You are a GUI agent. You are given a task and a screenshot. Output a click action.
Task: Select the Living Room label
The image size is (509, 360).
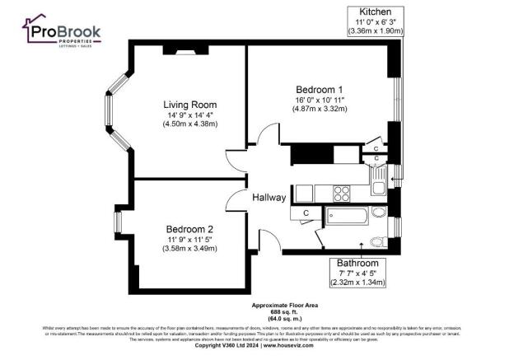(x=189, y=105)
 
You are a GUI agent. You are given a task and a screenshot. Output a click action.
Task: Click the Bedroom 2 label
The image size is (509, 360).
(x=189, y=228)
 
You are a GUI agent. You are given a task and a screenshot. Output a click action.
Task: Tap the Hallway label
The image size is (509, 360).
(x=269, y=198)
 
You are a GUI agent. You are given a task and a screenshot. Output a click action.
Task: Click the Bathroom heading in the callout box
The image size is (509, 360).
(x=357, y=263)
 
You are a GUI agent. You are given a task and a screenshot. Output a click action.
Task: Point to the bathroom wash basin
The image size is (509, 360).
(x=379, y=213)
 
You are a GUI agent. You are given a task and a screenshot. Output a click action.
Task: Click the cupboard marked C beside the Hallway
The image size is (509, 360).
(x=306, y=213)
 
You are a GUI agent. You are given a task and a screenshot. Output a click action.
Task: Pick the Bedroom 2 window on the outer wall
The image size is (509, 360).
(x=118, y=222)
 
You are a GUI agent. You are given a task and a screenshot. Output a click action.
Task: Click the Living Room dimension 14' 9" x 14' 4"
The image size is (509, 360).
(x=189, y=115)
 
